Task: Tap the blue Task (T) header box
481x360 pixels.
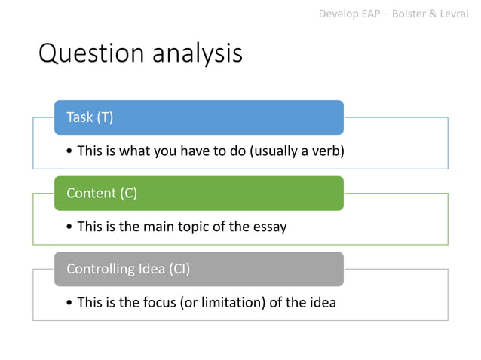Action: click(199, 117)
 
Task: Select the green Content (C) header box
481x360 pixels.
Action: click(199, 193)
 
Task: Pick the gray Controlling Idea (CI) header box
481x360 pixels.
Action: click(199, 269)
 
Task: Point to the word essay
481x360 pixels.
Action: click(270, 227)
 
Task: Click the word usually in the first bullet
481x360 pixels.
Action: click(275, 151)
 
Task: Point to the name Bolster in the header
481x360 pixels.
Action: click(409, 14)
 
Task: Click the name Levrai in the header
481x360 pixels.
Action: click(457, 14)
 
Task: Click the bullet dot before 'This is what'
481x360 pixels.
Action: click(69, 152)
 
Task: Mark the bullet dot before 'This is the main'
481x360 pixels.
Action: click(69, 227)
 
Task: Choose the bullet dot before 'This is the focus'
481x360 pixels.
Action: click(69, 304)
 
